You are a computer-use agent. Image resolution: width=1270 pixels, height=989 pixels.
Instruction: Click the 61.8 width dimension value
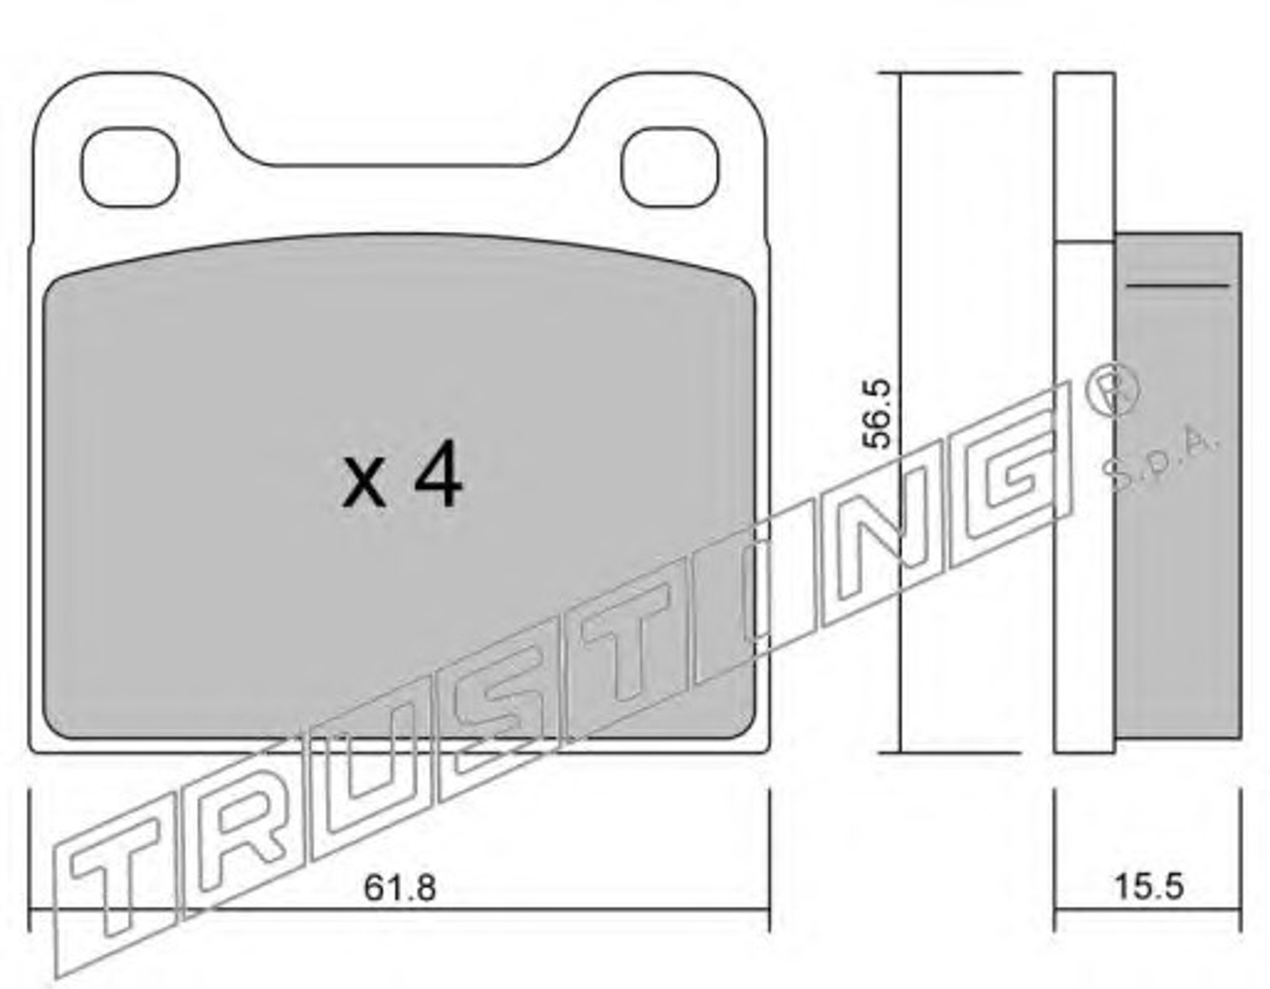pyautogui.click(x=400, y=888)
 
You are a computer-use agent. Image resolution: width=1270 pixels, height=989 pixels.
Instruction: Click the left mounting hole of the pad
pyautogui.click(x=130, y=168)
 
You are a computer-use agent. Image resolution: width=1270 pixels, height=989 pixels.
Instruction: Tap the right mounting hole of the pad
pyautogui.click(x=670, y=168)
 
